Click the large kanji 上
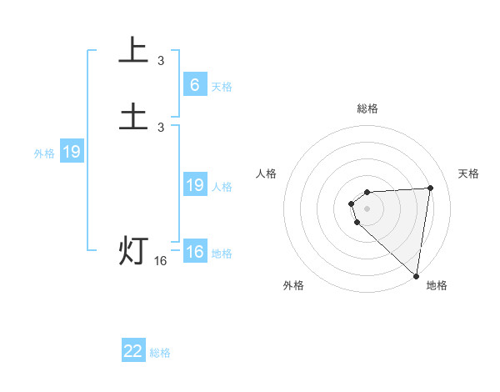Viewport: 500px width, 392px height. click(x=133, y=52)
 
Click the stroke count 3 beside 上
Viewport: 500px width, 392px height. click(x=161, y=61)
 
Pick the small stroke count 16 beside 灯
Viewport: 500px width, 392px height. click(x=161, y=261)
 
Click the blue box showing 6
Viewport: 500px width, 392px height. click(x=194, y=85)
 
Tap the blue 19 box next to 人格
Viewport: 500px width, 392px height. click(x=194, y=185)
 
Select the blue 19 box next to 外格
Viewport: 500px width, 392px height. click(x=72, y=152)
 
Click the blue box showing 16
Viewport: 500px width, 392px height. click(x=194, y=252)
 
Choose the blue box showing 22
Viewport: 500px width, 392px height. click(x=133, y=351)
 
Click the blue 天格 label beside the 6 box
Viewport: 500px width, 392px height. click(x=222, y=87)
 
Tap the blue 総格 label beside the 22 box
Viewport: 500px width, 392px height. click(x=160, y=353)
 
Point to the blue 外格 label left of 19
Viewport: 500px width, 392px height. click(x=44, y=153)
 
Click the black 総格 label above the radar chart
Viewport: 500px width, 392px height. click(x=367, y=108)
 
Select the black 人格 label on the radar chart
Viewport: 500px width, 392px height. click(x=267, y=173)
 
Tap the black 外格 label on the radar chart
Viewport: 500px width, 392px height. click(x=293, y=285)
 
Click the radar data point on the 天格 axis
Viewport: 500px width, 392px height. click(x=431, y=188)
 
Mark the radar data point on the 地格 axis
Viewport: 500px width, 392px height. click(x=417, y=276)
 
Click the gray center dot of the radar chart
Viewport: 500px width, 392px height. click(x=367, y=208)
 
